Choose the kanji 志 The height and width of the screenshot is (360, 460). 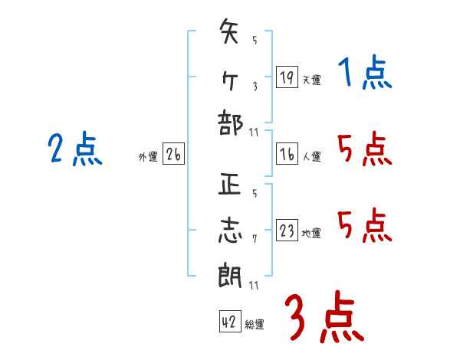(231, 231)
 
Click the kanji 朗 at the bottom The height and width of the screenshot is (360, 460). (231, 276)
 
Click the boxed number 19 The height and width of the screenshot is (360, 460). (287, 77)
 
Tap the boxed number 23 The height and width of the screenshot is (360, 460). (287, 231)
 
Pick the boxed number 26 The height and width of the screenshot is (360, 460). (173, 155)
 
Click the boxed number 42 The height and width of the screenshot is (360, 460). (229, 322)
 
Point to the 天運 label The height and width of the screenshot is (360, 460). (311, 80)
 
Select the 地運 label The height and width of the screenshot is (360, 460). (311, 233)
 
